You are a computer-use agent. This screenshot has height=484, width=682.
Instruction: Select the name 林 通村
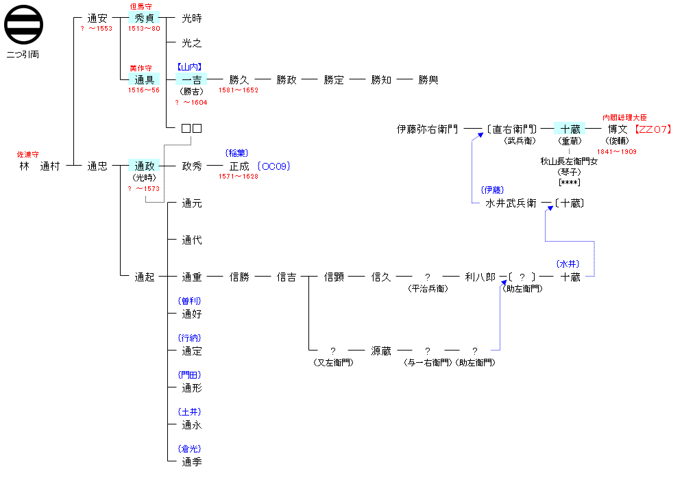pos(40,166)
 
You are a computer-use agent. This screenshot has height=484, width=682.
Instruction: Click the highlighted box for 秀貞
pos(144,18)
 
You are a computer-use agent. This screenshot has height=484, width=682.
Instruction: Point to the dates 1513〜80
pos(144,29)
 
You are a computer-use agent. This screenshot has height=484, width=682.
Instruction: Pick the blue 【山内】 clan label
pos(191,67)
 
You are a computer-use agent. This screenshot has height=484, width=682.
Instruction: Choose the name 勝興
pos(428,79)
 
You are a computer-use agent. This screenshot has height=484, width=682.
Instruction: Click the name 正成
pos(239,166)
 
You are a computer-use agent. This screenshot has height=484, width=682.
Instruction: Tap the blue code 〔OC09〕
pos(274,166)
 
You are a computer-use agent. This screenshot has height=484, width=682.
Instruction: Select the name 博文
pos(618,129)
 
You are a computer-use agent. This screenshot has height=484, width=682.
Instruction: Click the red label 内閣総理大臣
pos(624,118)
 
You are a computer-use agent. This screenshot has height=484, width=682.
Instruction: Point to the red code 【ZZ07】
pos(652,129)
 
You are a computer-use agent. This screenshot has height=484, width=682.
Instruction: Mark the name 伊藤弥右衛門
pos(427,129)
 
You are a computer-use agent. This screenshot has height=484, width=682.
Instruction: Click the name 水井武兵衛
pos(511,203)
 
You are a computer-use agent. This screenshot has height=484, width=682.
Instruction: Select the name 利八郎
pos(480,277)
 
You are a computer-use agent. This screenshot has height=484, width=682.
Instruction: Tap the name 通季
pos(192,462)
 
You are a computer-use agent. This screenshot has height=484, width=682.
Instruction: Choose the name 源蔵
pos(381,351)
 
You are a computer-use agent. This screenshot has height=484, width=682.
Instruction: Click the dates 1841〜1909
pos(617,151)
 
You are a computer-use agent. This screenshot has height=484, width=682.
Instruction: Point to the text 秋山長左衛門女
pos(570,162)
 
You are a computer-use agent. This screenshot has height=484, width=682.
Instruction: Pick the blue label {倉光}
pos(190,448)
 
